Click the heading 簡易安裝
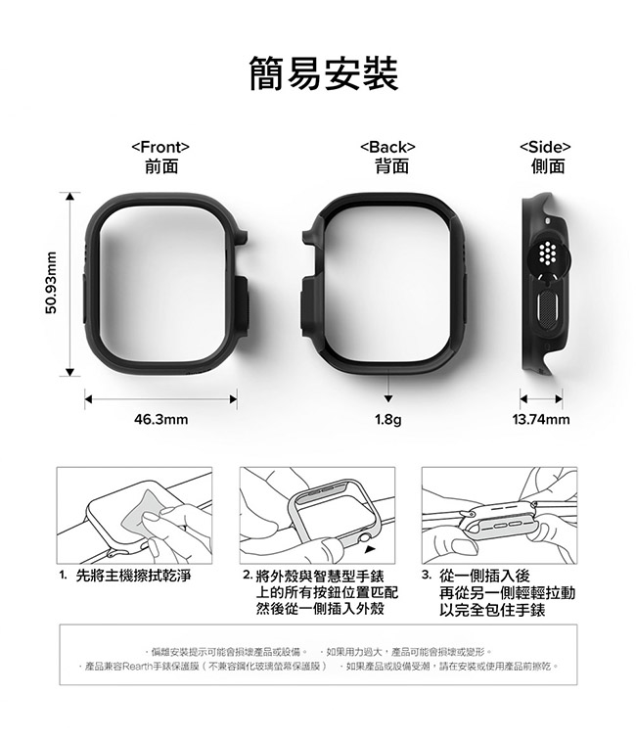(x=324, y=73)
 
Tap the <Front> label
(x=160, y=147)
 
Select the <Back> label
(x=387, y=147)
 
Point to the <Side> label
(x=545, y=147)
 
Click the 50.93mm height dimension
(x=52, y=284)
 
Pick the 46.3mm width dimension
(x=160, y=419)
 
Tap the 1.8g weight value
(x=388, y=420)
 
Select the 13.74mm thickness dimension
(x=541, y=419)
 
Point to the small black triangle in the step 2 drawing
(x=371, y=549)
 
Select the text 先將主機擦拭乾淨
(x=133, y=576)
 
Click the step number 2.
(x=248, y=576)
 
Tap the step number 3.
(x=427, y=576)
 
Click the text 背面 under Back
(x=391, y=166)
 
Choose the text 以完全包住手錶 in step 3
(x=492, y=610)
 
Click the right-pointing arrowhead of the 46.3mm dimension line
(x=233, y=399)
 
